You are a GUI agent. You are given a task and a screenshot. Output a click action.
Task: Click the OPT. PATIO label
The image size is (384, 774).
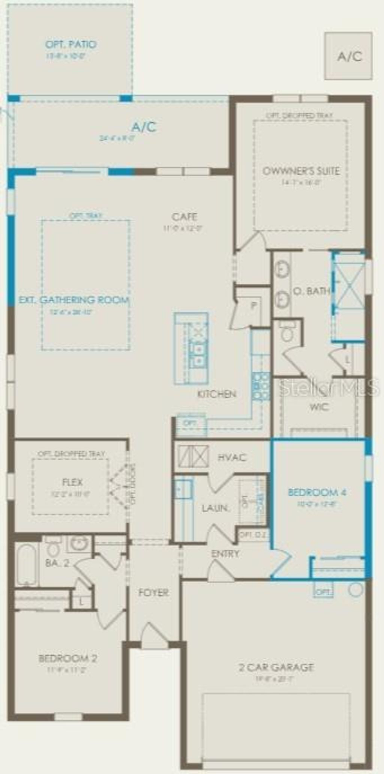70,44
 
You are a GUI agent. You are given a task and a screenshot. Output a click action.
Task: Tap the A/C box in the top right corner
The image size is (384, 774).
349,56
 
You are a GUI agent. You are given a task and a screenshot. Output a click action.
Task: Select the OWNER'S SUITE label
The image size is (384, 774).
301,171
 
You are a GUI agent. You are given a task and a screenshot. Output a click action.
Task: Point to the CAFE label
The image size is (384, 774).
184,217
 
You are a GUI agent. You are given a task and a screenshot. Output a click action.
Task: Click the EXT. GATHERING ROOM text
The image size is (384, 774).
74,300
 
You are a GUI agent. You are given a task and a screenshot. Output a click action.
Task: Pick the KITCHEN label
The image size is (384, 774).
217,394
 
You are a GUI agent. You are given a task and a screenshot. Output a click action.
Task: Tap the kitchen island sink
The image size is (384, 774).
198,355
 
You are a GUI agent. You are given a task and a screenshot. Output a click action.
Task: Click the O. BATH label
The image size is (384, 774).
312,291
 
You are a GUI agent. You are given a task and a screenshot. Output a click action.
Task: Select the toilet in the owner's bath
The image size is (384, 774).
287,332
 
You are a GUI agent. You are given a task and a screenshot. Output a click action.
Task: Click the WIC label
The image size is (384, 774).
319,407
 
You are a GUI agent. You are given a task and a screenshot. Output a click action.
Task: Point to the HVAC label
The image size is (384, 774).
232,457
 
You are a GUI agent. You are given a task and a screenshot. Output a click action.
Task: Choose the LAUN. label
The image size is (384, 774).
215,508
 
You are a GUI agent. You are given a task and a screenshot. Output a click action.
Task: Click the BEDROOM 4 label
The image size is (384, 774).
317,492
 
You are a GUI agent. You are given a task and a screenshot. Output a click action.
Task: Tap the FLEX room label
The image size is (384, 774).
72,482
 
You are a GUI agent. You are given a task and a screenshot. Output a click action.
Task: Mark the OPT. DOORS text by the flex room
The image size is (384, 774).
132,484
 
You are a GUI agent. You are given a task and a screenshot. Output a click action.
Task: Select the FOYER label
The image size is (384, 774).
153,592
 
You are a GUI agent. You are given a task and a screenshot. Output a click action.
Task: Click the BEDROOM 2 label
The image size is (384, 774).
68,658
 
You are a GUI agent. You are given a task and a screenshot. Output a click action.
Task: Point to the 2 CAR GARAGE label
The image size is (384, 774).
276,667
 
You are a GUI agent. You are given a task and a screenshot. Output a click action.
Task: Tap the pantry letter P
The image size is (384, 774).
254,305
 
